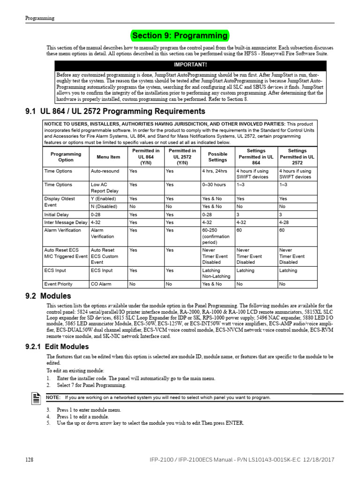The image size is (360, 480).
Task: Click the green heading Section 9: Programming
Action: pyautogui.click(x=180, y=36)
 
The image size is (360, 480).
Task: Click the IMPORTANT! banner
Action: pyautogui.click(x=190, y=65)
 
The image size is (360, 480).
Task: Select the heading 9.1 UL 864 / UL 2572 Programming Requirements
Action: pyautogui.click(x=115, y=112)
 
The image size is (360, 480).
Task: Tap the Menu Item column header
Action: pyautogui.click(x=108, y=157)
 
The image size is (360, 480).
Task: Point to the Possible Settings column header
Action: pyautogui.click(x=217, y=157)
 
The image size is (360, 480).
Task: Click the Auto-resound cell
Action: pyautogui.click(x=105, y=171)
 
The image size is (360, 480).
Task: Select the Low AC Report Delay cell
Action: pyautogui.click(x=105, y=188)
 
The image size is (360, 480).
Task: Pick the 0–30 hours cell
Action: pyautogui.click(x=214, y=185)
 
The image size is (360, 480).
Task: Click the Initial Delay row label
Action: pyautogui.click(x=56, y=215)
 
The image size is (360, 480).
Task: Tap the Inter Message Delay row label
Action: pyautogui.click(x=66, y=222)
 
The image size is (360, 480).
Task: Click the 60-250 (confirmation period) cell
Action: pyautogui.click(x=216, y=236)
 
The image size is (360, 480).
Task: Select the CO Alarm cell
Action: pyautogui.click(x=101, y=284)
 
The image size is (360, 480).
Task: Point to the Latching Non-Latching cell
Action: pyautogui.click(x=216, y=273)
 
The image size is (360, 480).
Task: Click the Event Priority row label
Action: pyautogui.click(x=58, y=284)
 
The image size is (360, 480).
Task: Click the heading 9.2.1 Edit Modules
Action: pyautogui.click(x=57, y=347)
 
